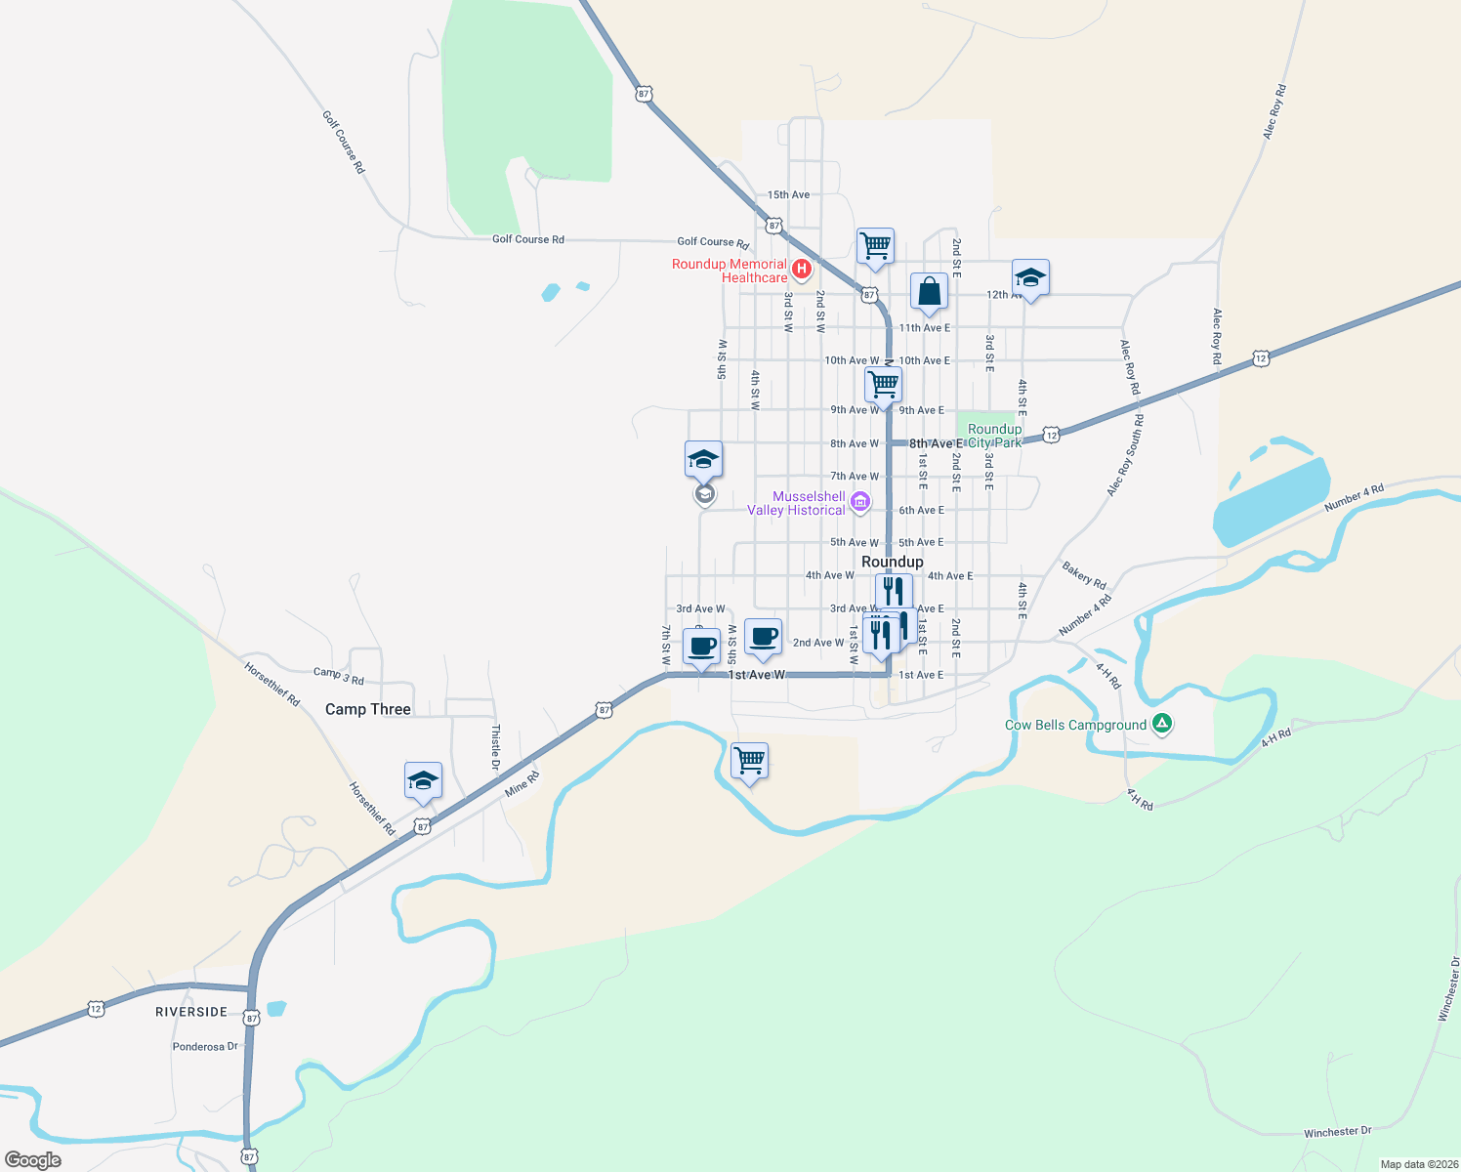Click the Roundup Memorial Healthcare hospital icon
pos(802,269)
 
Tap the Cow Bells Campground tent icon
pos(1161,724)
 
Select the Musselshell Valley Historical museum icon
pos(859,503)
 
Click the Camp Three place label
pos(367,709)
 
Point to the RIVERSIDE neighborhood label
pos(191,1012)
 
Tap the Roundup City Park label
pos(994,436)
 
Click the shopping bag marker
pos(929,291)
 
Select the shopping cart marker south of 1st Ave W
pos(749,759)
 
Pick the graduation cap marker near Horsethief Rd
pos(423,779)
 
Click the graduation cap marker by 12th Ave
pos(1030,276)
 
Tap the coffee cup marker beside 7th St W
pos(701,646)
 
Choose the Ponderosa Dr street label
pos(205,1047)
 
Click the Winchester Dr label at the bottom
pos(1337,1132)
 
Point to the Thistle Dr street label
pos(495,747)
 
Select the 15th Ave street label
pos(788,194)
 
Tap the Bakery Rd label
pos(1083,574)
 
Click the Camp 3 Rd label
pos(338,674)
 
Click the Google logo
pos(33,1160)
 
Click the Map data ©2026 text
pos(1418,1164)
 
